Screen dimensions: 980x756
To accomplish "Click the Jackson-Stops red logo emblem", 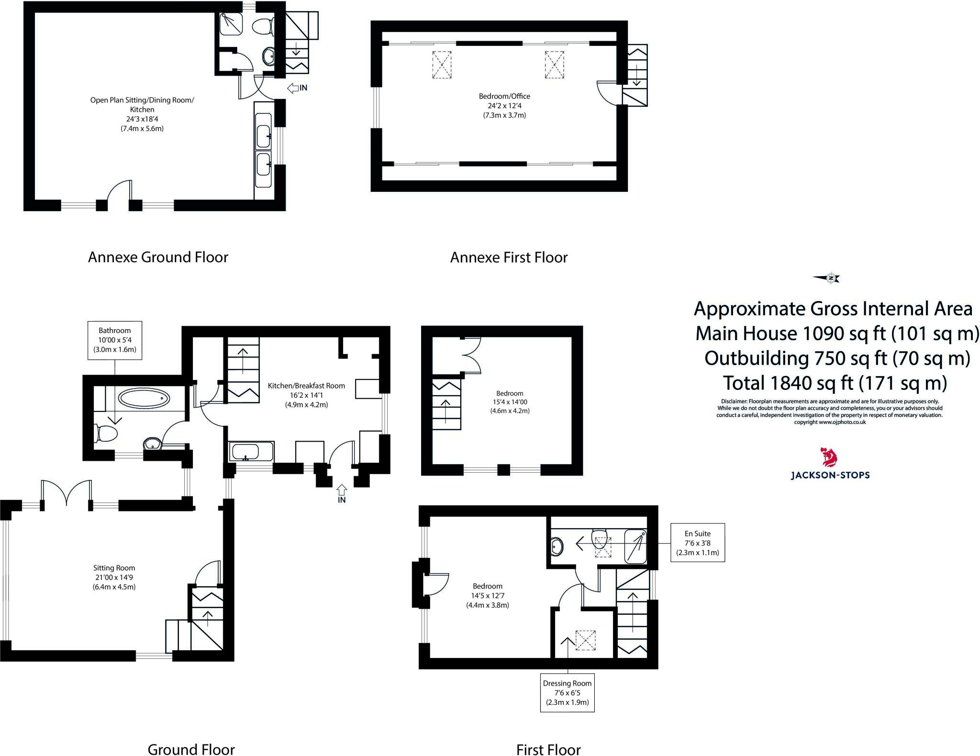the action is [x=829, y=457].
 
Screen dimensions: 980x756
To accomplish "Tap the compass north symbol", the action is [x=827, y=278].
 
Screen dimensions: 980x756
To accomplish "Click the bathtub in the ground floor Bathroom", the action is [x=144, y=398].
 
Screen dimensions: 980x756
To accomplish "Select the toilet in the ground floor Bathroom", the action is [x=106, y=434].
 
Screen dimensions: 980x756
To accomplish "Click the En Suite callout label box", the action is [x=698, y=543].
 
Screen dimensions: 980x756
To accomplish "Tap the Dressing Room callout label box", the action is [x=568, y=693].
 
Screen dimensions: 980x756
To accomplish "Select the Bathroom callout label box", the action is [x=115, y=340].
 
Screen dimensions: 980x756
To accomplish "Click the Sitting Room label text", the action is [x=114, y=578].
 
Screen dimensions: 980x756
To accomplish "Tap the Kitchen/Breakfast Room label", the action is [x=306, y=395].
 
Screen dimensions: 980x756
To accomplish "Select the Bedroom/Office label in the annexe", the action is [x=504, y=105].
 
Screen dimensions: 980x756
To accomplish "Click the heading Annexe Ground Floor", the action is [x=158, y=257].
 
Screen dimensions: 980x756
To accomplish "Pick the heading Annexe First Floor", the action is [x=509, y=258].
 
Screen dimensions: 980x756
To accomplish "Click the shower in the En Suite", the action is [x=636, y=546].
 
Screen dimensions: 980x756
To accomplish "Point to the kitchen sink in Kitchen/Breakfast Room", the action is [x=251, y=451].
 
